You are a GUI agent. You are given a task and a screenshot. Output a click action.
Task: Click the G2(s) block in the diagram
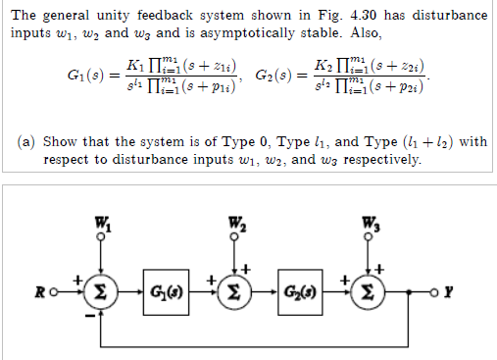pos(301,291)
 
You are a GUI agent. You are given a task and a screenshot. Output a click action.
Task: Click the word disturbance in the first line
pos(448,16)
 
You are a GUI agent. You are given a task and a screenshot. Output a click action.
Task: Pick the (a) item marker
pos(29,141)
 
